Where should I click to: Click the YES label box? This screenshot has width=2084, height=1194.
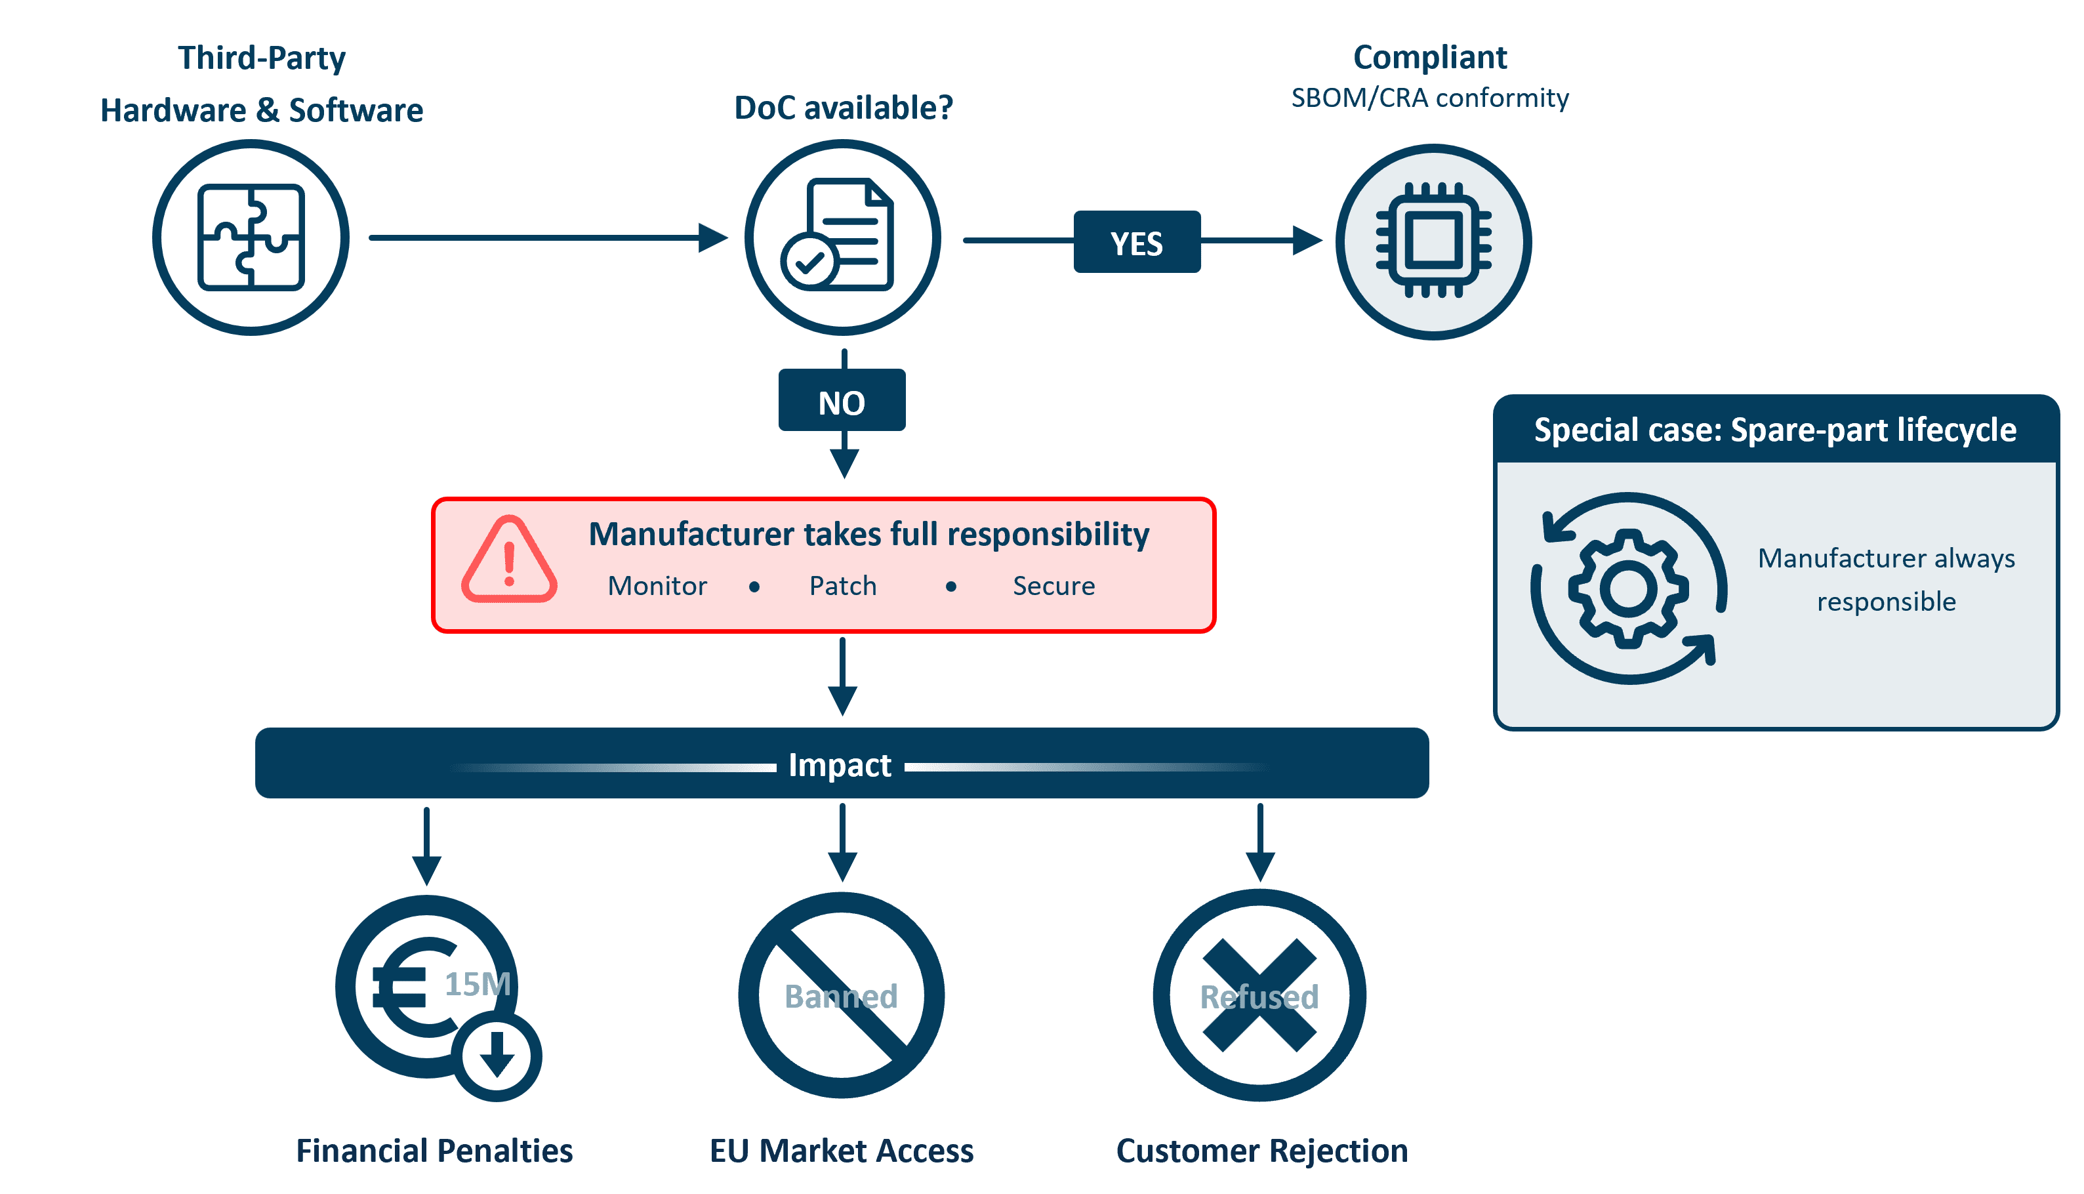(x=1136, y=243)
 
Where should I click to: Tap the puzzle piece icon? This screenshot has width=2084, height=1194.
(x=251, y=237)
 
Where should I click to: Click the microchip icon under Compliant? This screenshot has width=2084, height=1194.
(x=1433, y=241)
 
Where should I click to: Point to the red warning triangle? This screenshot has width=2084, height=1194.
(x=509, y=562)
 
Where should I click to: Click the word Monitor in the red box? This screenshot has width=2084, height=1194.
(x=657, y=585)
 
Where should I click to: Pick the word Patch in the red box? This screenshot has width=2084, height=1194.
(x=843, y=585)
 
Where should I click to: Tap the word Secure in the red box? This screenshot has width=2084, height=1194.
(x=1053, y=585)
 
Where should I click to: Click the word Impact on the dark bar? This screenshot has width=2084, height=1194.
(x=840, y=764)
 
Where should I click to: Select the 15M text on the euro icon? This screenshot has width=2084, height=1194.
(x=477, y=983)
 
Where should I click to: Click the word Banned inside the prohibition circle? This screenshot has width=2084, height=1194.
(x=841, y=996)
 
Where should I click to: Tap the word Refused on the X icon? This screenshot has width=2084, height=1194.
(x=1259, y=997)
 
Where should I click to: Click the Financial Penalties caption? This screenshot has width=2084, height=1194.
(x=434, y=1151)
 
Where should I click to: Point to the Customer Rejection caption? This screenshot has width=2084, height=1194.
(x=1261, y=1151)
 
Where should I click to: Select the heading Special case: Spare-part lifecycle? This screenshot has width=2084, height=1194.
(x=1775, y=430)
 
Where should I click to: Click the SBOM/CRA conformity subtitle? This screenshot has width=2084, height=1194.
(x=1430, y=98)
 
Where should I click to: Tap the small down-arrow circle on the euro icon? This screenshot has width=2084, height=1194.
(x=497, y=1056)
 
